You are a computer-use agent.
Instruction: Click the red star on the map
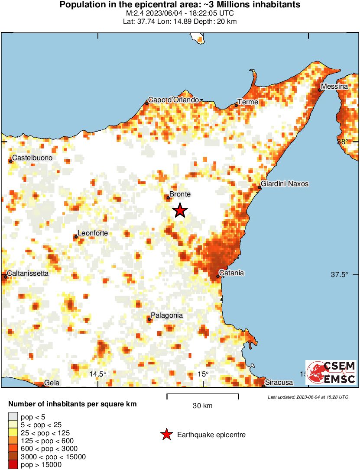(180, 211)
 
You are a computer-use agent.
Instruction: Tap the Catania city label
(232, 273)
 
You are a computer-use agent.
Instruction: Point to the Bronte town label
(180, 194)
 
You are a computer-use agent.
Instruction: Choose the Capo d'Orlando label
(173, 100)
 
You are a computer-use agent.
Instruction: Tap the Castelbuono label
(32, 158)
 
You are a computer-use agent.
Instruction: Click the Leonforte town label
(92, 233)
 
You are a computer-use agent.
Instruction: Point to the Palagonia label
(166, 315)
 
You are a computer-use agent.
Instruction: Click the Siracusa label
(279, 383)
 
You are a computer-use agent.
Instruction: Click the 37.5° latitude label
(339, 274)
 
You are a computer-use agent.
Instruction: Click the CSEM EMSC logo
(331, 372)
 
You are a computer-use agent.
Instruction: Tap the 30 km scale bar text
(202, 406)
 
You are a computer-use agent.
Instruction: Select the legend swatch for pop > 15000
(13, 465)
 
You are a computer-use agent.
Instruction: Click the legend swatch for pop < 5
(13, 417)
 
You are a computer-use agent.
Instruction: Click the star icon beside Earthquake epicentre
(166, 435)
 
